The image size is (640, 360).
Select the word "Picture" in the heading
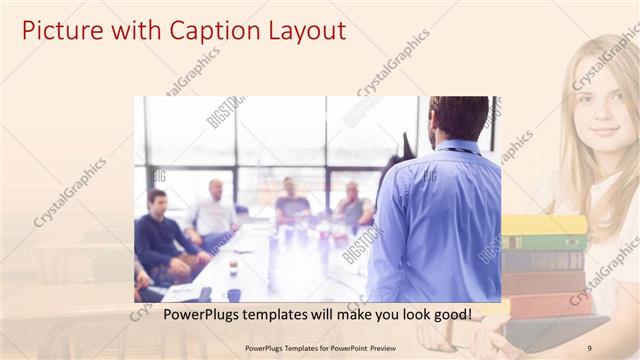[60, 30]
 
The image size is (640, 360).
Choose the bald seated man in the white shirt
[214, 212]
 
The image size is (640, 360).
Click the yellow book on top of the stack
[545, 224]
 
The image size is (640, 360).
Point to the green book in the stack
[545, 242]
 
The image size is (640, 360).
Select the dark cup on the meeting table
[234, 294]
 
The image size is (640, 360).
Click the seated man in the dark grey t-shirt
[291, 207]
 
